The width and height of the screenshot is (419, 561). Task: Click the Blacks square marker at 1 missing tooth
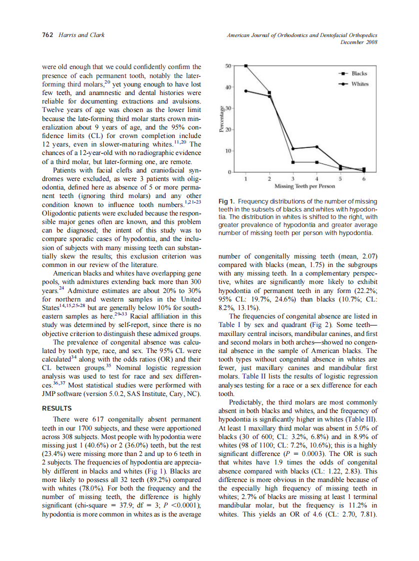point(245,65)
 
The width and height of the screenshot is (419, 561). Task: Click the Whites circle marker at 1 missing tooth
point(245,90)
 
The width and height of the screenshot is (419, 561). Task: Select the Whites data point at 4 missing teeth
point(316,146)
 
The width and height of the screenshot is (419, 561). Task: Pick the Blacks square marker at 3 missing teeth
point(293,162)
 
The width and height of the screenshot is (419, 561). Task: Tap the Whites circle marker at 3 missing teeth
point(293,148)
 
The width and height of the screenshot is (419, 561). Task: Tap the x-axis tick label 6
point(363,178)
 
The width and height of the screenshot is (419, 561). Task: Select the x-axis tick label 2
point(269,178)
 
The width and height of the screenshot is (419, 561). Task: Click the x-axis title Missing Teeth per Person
point(304,186)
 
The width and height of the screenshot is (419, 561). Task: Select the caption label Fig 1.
point(227,201)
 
